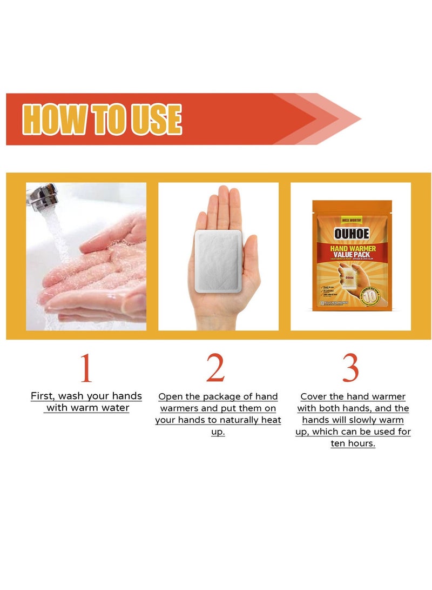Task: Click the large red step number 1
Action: click(x=86, y=369)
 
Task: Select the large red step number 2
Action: click(x=215, y=369)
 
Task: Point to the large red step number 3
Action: click(x=350, y=369)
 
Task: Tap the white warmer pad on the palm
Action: click(x=219, y=260)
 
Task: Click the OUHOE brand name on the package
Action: click(x=352, y=233)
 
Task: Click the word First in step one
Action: click(x=42, y=396)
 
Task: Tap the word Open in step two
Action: click(x=171, y=397)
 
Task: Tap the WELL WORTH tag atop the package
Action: click(x=352, y=221)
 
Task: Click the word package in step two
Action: click(x=225, y=397)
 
